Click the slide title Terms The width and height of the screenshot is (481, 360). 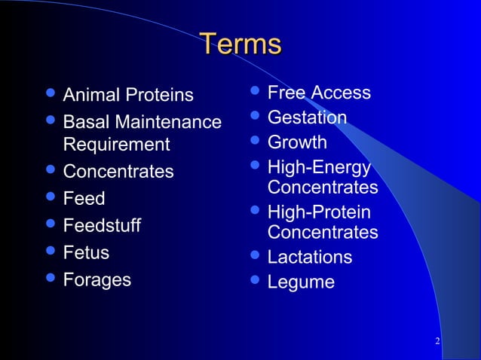(x=240, y=44)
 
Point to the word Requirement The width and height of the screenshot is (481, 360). (x=117, y=144)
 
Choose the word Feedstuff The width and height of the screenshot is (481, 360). (x=102, y=226)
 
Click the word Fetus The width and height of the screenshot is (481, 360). (x=86, y=252)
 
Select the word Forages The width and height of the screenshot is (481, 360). (x=97, y=279)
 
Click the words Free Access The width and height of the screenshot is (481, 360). (x=319, y=93)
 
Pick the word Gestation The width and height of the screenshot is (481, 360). (x=307, y=117)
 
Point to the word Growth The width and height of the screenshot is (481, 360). (x=297, y=142)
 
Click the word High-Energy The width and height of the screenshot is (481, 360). (x=319, y=167)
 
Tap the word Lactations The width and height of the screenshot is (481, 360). (x=309, y=257)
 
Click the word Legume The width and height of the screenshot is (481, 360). (x=301, y=282)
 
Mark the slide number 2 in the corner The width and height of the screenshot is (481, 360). (x=437, y=343)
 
